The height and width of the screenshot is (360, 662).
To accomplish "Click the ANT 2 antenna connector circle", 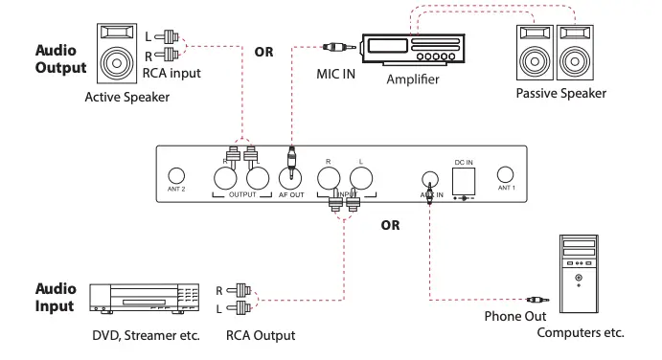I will click(x=176, y=176).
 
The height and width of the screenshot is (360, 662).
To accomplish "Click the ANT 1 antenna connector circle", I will click(x=506, y=175).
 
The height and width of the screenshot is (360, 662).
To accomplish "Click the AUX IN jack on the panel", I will click(x=430, y=178).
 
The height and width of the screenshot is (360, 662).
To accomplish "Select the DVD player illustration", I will click(x=144, y=299).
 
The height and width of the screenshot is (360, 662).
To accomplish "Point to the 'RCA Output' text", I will click(x=261, y=335).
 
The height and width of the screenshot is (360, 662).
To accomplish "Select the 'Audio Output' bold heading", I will click(x=60, y=58).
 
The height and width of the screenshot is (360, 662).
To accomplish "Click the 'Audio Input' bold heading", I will click(x=56, y=298).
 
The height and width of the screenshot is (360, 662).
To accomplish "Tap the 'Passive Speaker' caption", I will click(x=561, y=93).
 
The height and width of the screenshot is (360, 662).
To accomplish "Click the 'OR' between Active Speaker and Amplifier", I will click(x=263, y=52).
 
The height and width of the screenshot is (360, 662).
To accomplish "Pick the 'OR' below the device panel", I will click(x=390, y=226).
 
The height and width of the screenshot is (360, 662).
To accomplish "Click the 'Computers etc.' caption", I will click(x=581, y=333).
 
